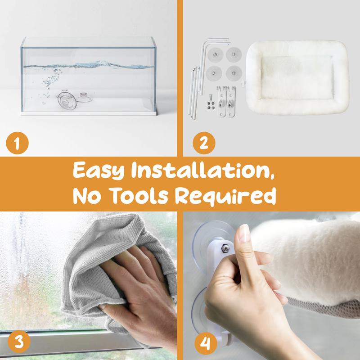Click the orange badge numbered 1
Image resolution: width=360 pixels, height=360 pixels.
click(17, 143)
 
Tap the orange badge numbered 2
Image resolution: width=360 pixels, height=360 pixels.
click(204, 143)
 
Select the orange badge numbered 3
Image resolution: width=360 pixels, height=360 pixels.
click(19, 342)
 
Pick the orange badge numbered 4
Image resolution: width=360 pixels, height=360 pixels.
click(206, 343)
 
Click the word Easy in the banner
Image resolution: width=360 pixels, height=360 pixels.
click(99, 171)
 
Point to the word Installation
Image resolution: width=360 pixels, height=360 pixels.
click(203, 170)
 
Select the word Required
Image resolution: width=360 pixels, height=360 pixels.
click(225, 196)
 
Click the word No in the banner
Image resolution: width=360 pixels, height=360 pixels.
click(87, 196)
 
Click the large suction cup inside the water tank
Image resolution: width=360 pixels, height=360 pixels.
click(67, 100)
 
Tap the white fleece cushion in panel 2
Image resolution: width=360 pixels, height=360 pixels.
click(297, 77)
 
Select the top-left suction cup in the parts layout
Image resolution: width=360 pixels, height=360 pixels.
click(216, 55)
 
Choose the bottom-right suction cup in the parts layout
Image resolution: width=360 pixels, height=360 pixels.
click(234, 73)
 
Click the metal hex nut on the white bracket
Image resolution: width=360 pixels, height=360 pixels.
click(225, 248)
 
